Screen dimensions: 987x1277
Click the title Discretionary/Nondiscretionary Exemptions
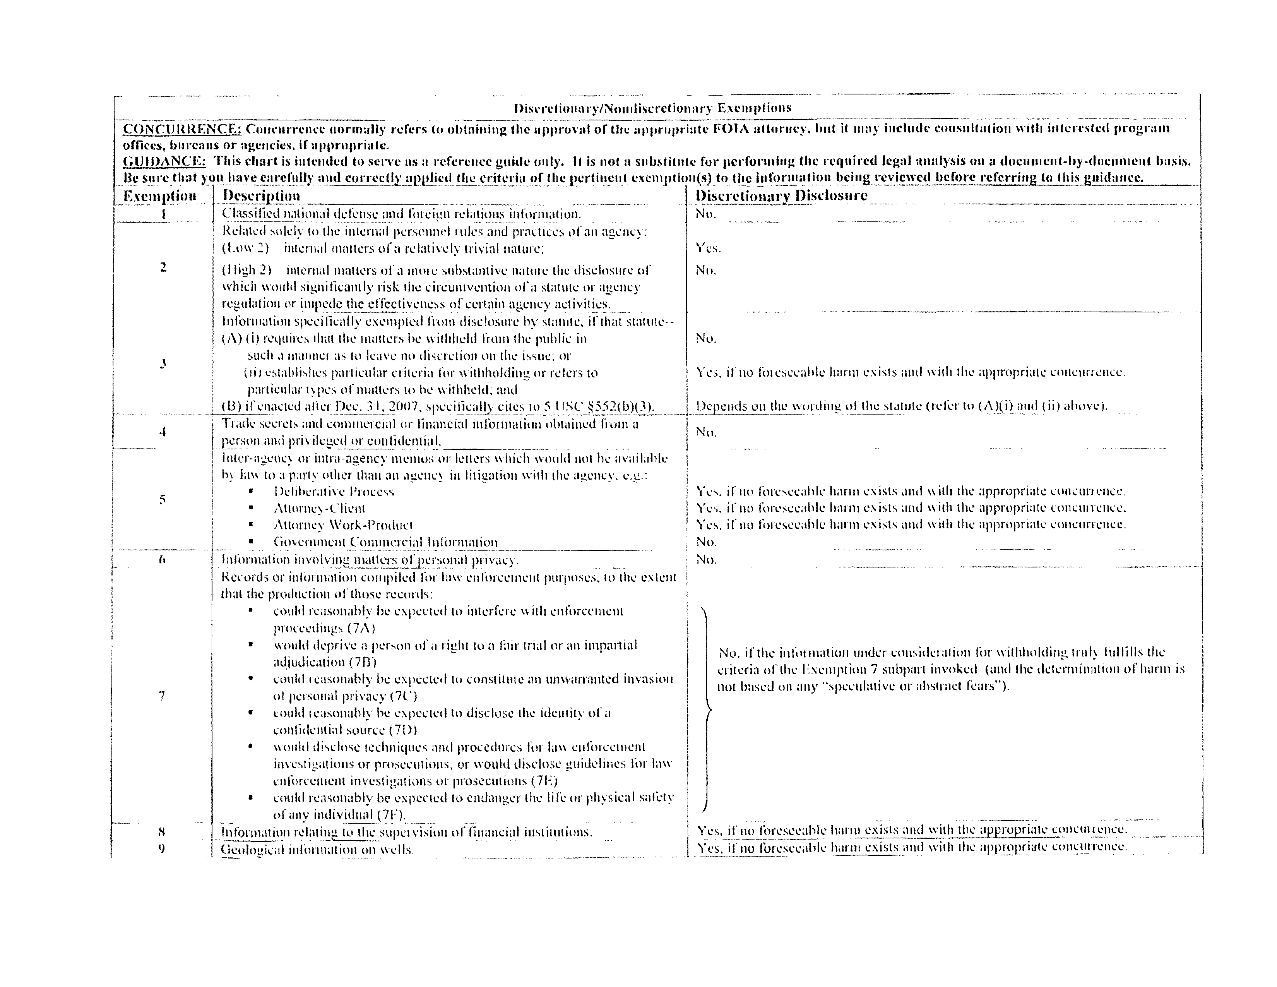click(x=652, y=108)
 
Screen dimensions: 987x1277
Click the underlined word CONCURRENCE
click(x=182, y=129)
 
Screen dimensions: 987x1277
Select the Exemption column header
click(x=159, y=196)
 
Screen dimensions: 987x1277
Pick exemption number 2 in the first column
click(x=163, y=268)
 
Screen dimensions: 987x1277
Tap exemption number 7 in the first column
click(x=162, y=696)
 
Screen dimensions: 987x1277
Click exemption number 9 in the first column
click(x=161, y=848)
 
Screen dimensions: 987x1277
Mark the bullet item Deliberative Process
click(x=333, y=492)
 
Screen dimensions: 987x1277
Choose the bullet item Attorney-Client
click(x=319, y=509)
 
